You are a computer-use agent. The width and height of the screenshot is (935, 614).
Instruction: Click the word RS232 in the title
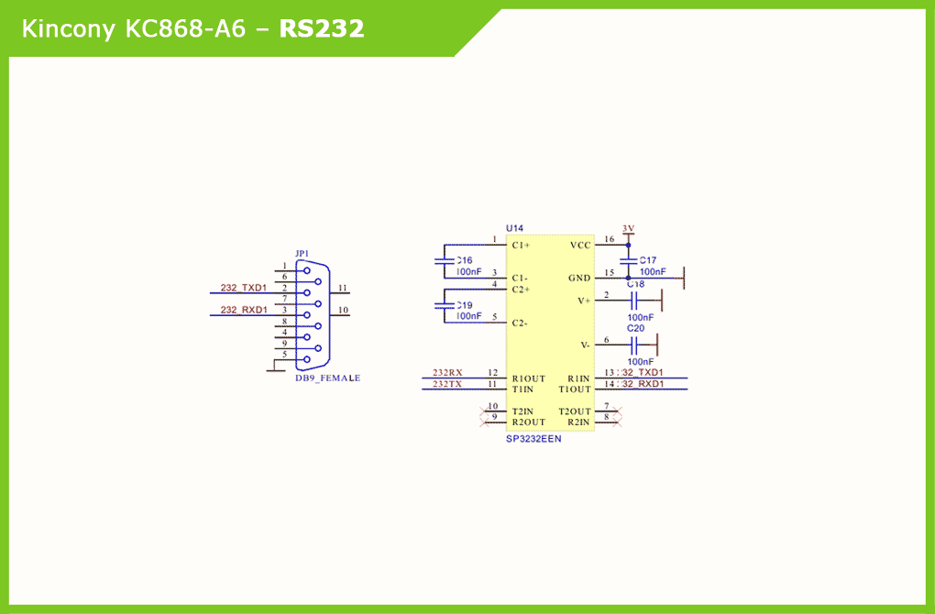(322, 29)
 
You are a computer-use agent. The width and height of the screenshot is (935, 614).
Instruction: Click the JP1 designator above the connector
(302, 253)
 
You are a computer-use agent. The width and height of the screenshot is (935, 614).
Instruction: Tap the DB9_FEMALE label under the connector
(327, 378)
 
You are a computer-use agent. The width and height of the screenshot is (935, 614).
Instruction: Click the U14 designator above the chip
(514, 227)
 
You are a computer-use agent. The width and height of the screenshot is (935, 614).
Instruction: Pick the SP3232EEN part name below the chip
(533, 439)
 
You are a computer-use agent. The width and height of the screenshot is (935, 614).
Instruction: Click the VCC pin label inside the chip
(580, 246)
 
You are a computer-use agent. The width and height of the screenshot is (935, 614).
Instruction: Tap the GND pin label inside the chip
(579, 278)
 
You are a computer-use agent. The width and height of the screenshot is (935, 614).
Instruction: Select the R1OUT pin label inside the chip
(529, 378)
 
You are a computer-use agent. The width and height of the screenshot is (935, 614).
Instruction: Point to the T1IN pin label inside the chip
(523, 389)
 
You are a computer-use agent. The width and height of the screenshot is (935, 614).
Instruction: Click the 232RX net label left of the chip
(447, 373)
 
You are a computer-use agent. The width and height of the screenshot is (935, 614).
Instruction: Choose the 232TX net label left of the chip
(447, 384)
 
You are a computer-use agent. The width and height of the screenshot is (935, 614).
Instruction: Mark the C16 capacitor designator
(465, 261)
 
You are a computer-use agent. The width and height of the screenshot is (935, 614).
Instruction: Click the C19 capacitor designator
(465, 305)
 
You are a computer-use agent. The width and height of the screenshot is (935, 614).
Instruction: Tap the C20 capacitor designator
(635, 328)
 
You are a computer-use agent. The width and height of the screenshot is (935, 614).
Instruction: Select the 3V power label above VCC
(628, 228)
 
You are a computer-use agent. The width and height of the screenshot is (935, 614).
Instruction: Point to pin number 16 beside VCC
(610, 240)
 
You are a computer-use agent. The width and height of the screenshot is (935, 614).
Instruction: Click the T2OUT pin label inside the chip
(575, 411)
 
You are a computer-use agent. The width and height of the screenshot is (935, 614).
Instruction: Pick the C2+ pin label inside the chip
(522, 290)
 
